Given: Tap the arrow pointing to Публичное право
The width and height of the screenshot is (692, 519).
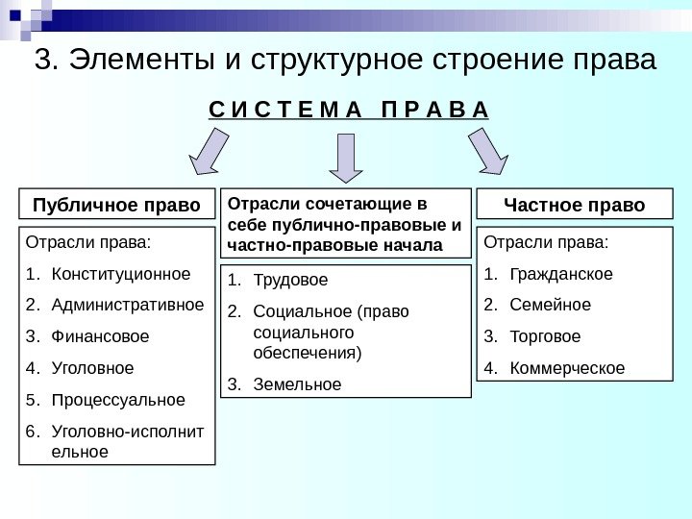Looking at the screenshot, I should tap(210, 153).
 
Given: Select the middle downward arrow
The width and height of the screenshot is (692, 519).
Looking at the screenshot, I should tap(347, 157).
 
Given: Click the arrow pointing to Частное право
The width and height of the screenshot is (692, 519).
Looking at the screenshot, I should tap(487, 153).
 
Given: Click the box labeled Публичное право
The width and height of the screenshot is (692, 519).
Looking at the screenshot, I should tap(117, 206).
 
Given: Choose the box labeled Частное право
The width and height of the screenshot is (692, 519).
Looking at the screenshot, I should tap(575, 206).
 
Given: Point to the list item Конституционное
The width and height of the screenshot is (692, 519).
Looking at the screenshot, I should tap(120, 275).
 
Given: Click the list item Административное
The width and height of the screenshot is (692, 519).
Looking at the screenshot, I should tap(127, 306).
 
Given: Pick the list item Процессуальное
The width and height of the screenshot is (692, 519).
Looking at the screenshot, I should tap(118, 399).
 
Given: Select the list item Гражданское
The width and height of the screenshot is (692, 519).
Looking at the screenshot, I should tap(561, 275).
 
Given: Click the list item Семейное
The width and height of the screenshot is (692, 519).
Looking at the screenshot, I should tap(551, 306).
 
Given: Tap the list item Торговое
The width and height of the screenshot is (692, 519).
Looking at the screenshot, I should tap(546, 336).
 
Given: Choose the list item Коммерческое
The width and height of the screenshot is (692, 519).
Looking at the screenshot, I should tap(567, 368).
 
